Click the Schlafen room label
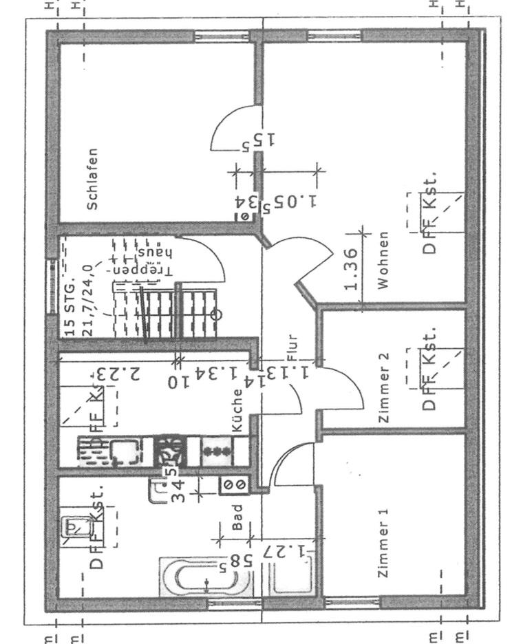click(x=93, y=179)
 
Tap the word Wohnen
click(x=383, y=259)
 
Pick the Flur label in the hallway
click(x=292, y=348)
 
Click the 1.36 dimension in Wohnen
click(x=350, y=268)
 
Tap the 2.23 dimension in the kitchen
click(x=117, y=375)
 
